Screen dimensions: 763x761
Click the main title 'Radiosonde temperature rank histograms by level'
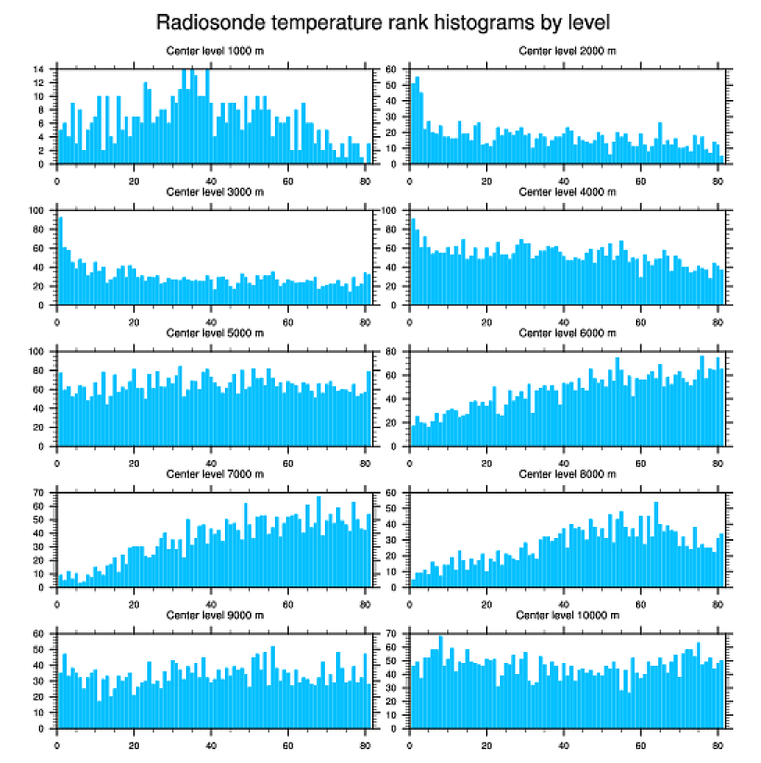[x=382, y=21]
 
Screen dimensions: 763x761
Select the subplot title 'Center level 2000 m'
[x=568, y=50]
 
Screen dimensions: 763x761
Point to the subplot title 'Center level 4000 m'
[x=568, y=192]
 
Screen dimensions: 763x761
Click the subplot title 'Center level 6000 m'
[x=568, y=333]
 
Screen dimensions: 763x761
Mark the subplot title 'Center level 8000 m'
[x=568, y=474]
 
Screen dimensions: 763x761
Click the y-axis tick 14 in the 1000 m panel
[x=41, y=69]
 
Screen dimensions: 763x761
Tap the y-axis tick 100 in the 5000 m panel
[x=38, y=352]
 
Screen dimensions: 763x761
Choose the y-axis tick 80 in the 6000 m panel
[x=393, y=352]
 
